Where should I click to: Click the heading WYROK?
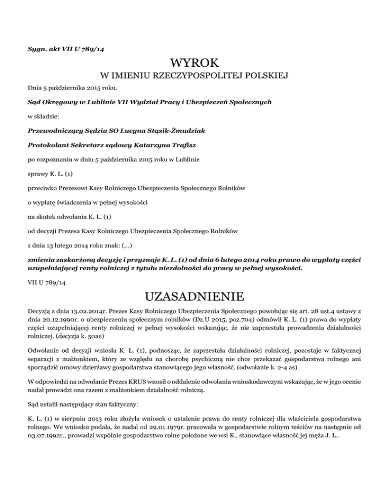(194, 63)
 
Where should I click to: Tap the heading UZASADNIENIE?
(194, 296)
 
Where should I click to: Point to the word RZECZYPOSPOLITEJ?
(191, 76)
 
